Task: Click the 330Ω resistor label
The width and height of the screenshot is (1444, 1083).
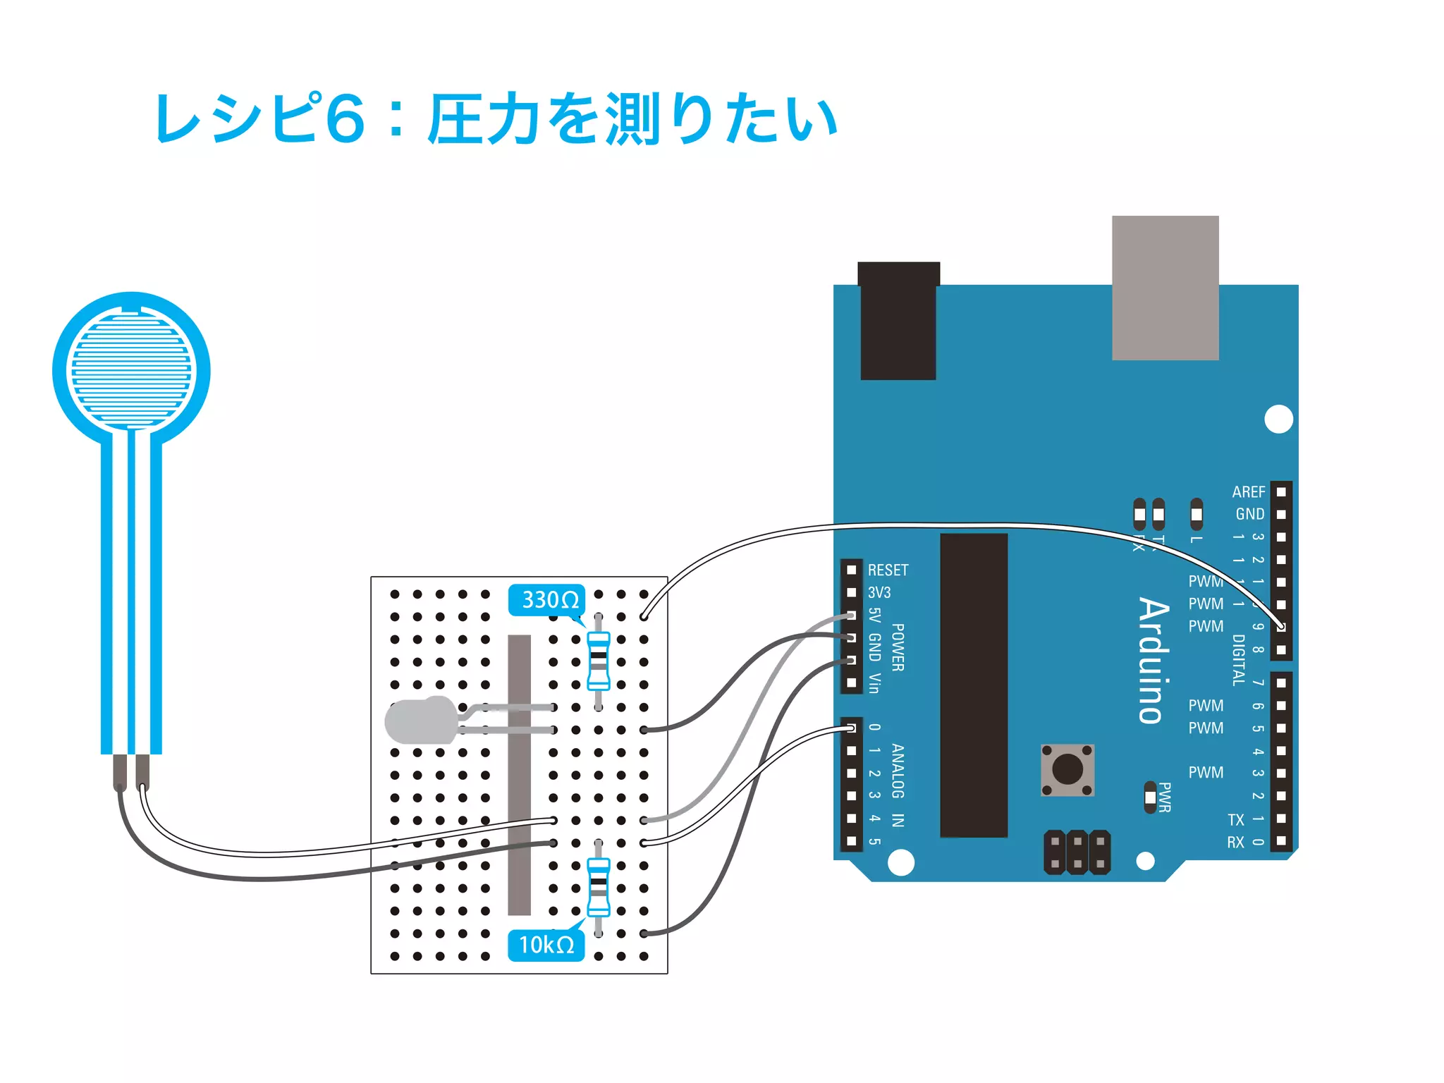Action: pyautogui.click(x=547, y=600)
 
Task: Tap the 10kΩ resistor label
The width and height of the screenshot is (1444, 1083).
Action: pyautogui.click(x=546, y=945)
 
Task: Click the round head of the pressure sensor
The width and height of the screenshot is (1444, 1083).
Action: pyautogui.click(x=131, y=371)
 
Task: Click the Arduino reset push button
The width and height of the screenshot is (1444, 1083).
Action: pyautogui.click(x=1067, y=770)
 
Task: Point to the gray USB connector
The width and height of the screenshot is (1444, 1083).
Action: pyautogui.click(x=1165, y=288)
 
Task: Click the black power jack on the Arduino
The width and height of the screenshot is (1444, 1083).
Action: pyautogui.click(x=898, y=322)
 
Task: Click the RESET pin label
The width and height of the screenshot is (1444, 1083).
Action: pyautogui.click(x=888, y=570)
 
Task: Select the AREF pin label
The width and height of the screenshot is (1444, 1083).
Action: pyautogui.click(x=1248, y=491)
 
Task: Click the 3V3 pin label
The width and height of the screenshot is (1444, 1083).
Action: pyautogui.click(x=879, y=592)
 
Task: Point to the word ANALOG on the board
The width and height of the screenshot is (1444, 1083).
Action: pyautogui.click(x=898, y=771)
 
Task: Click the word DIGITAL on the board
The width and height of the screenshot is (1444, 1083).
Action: pyautogui.click(x=1238, y=660)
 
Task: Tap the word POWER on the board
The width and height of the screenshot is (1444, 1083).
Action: pyautogui.click(x=898, y=647)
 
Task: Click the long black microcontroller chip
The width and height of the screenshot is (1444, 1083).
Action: pyautogui.click(x=974, y=685)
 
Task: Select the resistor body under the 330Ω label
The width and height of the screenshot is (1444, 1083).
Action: pyautogui.click(x=599, y=661)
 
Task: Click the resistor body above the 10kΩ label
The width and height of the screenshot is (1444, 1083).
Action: pyautogui.click(x=599, y=886)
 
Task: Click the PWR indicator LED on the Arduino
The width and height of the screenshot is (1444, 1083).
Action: pyautogui.click(x=1151, y=797)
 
